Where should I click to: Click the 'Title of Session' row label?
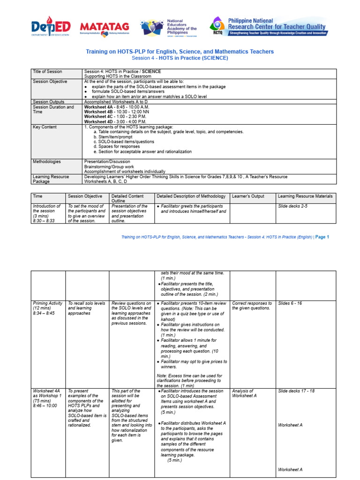[x=47, y=71]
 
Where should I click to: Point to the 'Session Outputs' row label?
[x=49, y=101]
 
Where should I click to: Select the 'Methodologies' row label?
[x=47, y=161]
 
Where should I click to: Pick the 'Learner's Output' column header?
[x=247, y=196]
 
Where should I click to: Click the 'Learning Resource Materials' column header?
[x=305, y=196]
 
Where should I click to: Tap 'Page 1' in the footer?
[x=322, y=237]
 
